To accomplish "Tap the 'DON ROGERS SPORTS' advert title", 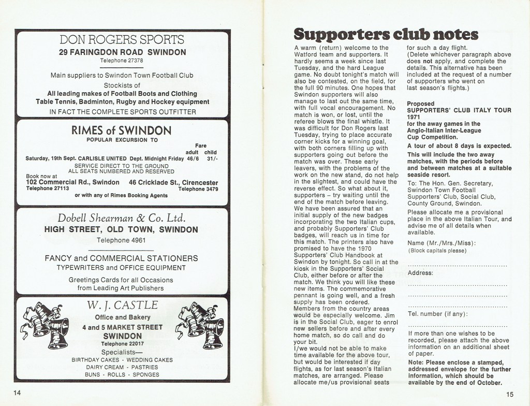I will [122, 40].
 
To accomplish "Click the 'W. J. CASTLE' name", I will [122, 304].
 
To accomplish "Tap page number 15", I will [511, 393].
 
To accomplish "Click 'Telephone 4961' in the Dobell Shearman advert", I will [122, 240].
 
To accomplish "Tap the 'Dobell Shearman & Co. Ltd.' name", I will [122, 218].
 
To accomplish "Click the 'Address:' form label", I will [420, 272].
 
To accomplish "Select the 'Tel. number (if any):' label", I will [437, 314].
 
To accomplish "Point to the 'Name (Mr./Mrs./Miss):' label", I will [442, 243].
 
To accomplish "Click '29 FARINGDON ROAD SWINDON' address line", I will [122, 52].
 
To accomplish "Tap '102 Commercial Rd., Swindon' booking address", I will [72, 182].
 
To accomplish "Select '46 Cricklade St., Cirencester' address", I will [173, 182].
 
